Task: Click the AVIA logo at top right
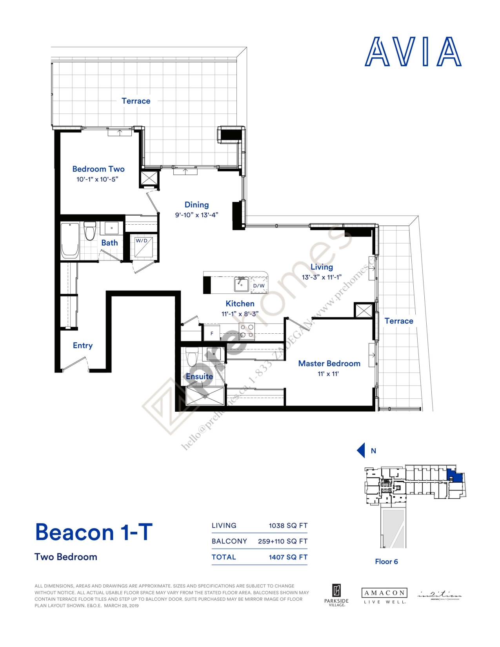413,52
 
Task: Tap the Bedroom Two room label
98,169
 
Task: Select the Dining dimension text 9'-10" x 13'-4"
196,215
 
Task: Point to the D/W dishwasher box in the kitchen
259,285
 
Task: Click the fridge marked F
212,333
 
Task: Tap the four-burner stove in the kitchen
247,331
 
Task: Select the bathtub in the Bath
70,240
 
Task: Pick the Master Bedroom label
329,363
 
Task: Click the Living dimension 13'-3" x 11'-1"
322,277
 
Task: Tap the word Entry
83,345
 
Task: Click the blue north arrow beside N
361,451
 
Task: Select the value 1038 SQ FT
288,525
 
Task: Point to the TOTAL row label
224,557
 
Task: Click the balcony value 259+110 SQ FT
282,541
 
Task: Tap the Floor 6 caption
386,562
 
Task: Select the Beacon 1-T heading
94,532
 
